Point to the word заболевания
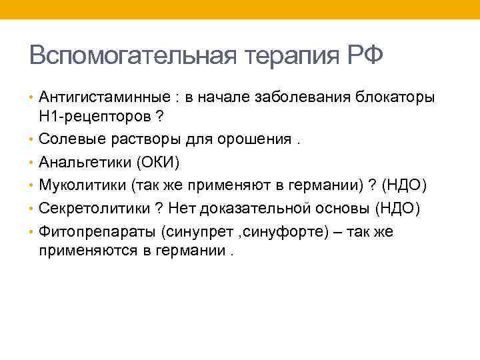pyautogui.click(x=305, y=97)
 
